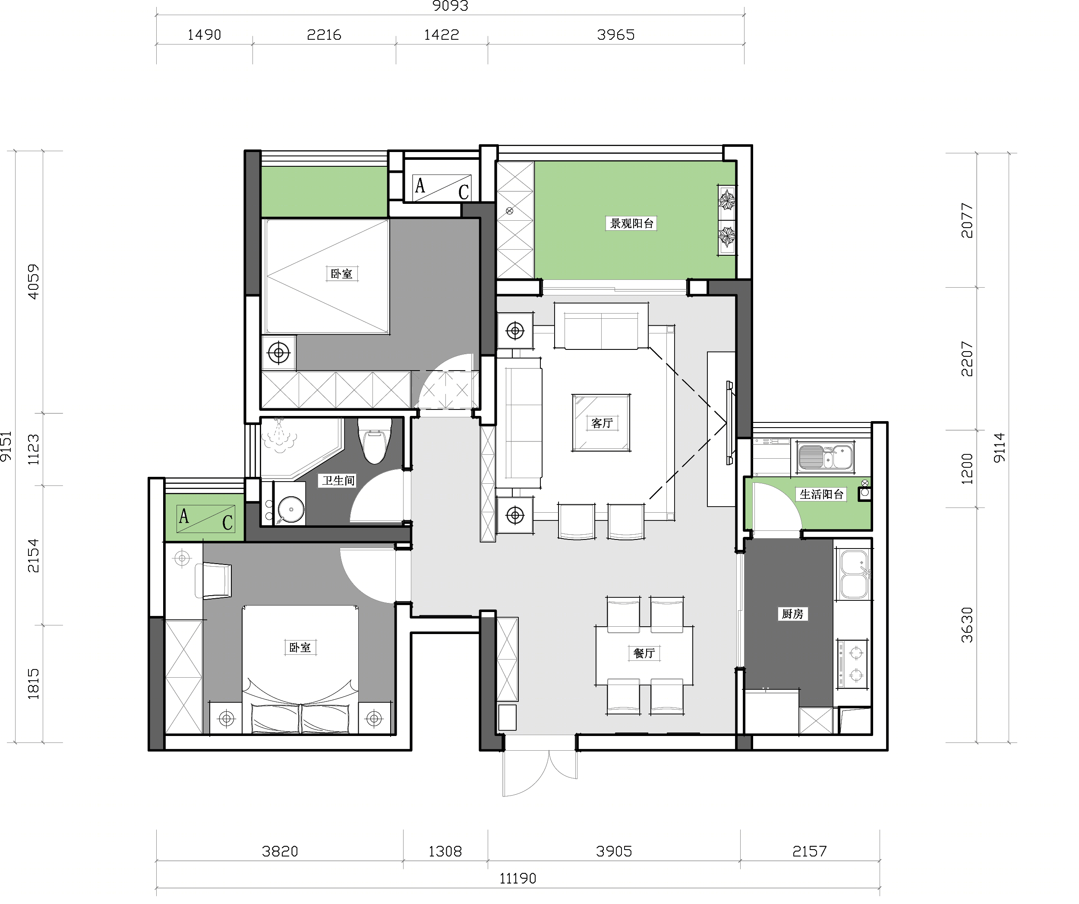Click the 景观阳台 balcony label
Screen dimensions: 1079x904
click(631, 224)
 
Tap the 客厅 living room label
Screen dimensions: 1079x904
click(602, 423)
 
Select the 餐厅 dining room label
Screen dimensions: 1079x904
click(644, 653)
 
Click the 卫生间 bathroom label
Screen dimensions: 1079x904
click(338, 480)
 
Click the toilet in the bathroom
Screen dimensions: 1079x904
click(375, 440)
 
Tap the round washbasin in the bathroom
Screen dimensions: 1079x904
click(291, 510)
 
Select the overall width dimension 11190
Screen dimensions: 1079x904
click(518, 878)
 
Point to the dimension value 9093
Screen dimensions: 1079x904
click(450, 6)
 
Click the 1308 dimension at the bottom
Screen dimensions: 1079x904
click(445, 852)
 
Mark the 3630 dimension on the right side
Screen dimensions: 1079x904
click(967, 625)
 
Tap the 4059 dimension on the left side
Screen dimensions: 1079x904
click(33, 281)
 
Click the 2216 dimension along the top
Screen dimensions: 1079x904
click(324, 35)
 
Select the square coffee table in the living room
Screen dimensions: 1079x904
click(601, 423)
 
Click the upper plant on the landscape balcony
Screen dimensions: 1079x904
click(727, 200)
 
